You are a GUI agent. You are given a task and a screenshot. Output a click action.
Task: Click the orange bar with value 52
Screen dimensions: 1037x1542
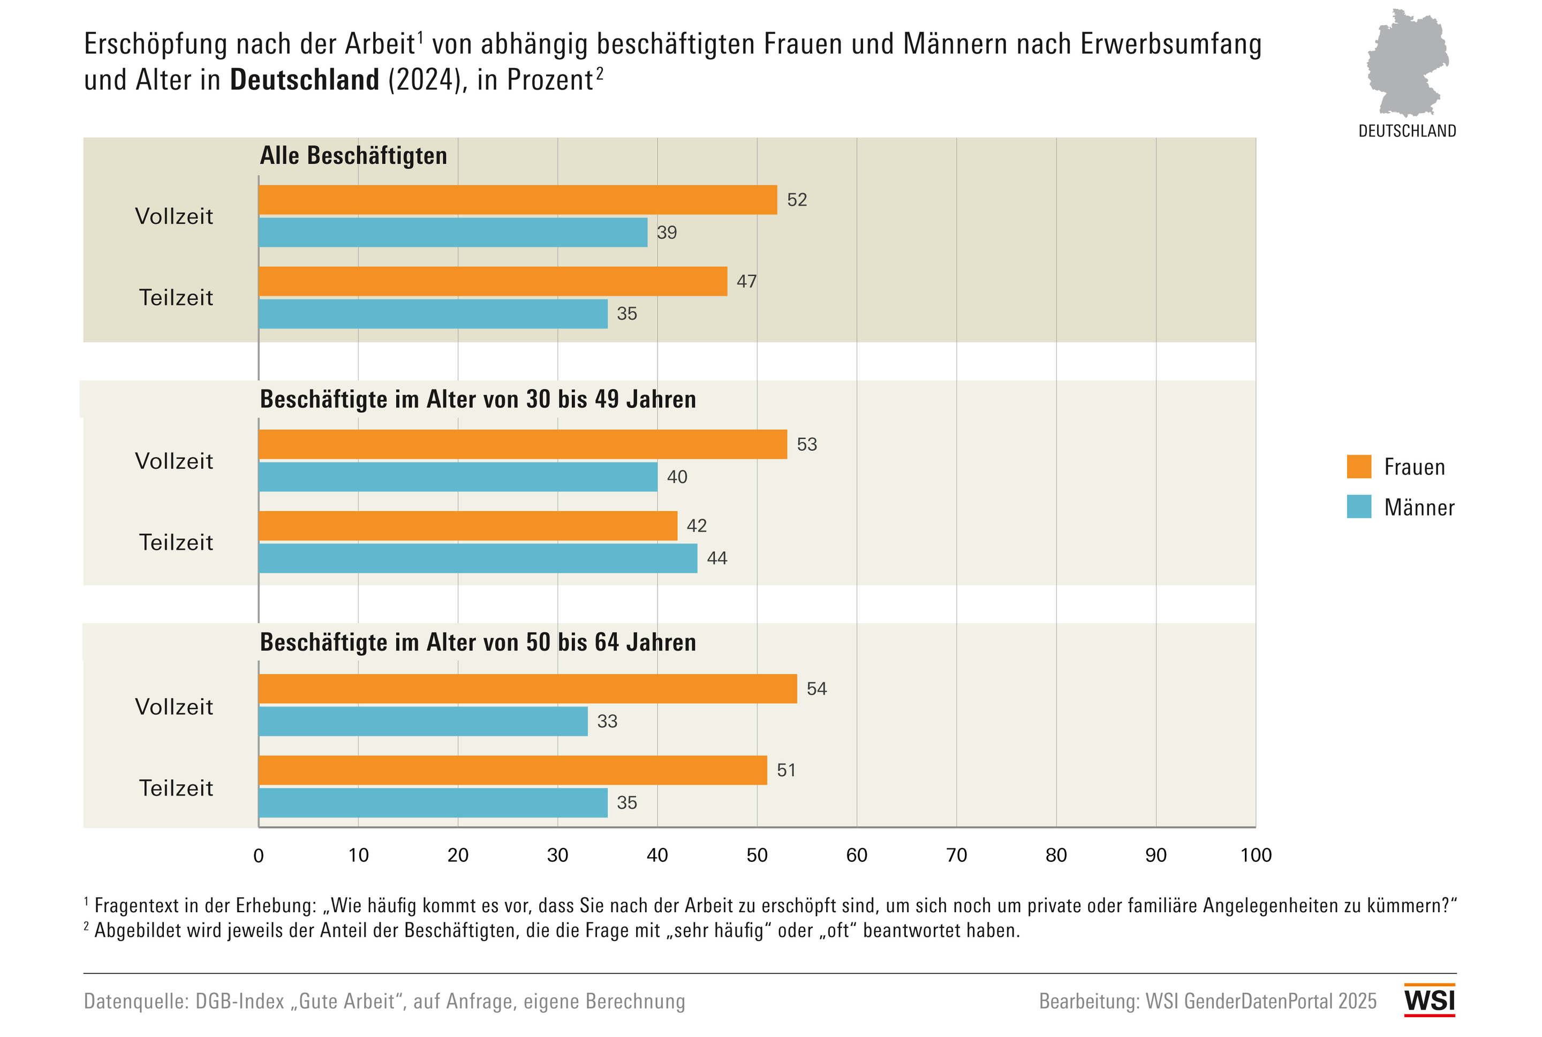517,200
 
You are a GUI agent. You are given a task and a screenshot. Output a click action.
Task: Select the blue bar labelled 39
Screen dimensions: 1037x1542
453,232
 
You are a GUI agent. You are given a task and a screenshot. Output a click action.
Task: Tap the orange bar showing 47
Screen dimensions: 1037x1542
493,281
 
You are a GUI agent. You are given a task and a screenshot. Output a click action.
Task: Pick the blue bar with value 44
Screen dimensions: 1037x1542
478,558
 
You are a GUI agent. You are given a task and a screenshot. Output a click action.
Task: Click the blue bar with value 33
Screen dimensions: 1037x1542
423,721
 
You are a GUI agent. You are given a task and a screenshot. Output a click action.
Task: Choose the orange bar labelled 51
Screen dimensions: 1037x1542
512,770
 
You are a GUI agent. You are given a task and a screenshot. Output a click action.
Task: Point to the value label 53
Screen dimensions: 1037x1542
807,444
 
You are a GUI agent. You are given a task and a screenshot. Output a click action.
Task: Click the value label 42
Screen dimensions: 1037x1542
696,526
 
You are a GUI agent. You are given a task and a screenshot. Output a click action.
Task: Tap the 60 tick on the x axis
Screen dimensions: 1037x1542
856,855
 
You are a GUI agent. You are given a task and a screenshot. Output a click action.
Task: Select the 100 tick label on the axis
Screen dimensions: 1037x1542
1255,855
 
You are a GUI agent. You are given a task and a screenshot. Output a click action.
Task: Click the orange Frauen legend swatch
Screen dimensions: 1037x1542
1359,466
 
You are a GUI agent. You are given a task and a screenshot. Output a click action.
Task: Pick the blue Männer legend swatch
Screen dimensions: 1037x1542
1359,506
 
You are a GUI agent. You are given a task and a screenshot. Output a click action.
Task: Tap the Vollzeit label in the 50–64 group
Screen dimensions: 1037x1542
174,706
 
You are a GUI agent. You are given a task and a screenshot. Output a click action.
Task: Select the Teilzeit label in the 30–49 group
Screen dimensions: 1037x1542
176,542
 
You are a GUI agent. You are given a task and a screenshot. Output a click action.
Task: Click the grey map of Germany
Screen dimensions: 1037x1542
1407,63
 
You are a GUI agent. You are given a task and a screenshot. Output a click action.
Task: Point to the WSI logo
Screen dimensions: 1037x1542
1430,1001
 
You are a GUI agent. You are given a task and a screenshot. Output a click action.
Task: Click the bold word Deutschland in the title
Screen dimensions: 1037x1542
304,80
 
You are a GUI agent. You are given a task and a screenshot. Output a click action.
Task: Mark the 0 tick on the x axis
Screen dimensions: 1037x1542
259,855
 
